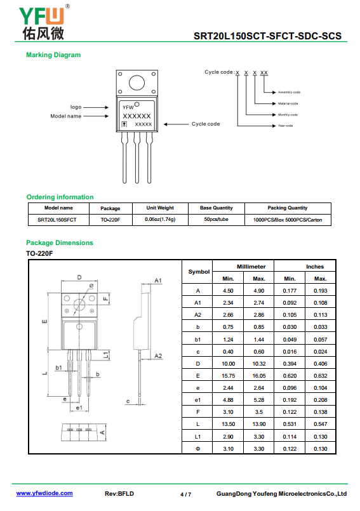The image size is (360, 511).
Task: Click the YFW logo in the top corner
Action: [44, 22]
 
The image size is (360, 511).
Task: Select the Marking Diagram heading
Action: [53, 55]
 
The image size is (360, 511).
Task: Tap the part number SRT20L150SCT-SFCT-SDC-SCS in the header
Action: [267, 36]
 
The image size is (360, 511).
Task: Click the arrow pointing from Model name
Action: [96, 116]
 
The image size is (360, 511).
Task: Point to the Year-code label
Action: [285, 126]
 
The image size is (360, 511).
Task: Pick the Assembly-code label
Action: [289, 92]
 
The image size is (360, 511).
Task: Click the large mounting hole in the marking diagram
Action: [137, 83]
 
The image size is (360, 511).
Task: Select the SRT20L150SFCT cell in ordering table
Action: [57, 220]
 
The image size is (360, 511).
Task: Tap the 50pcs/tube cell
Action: [217, 220]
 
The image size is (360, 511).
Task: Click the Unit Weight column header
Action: [160, 208]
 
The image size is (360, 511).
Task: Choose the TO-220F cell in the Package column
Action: [110, 220]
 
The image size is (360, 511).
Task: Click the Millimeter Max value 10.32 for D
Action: [259, 364]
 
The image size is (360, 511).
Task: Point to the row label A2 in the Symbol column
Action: [197, 315]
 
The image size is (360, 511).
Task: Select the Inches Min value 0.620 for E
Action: [290, 376]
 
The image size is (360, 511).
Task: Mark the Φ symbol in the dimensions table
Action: [197, 449]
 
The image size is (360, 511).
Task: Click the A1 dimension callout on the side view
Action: [158, 281]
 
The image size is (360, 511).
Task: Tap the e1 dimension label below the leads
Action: [79, 408]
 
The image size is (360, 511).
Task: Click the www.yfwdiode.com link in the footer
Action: [44, 493]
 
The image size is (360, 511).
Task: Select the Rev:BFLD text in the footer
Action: [119, 494]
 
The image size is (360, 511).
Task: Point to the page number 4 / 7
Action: [186, 494]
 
